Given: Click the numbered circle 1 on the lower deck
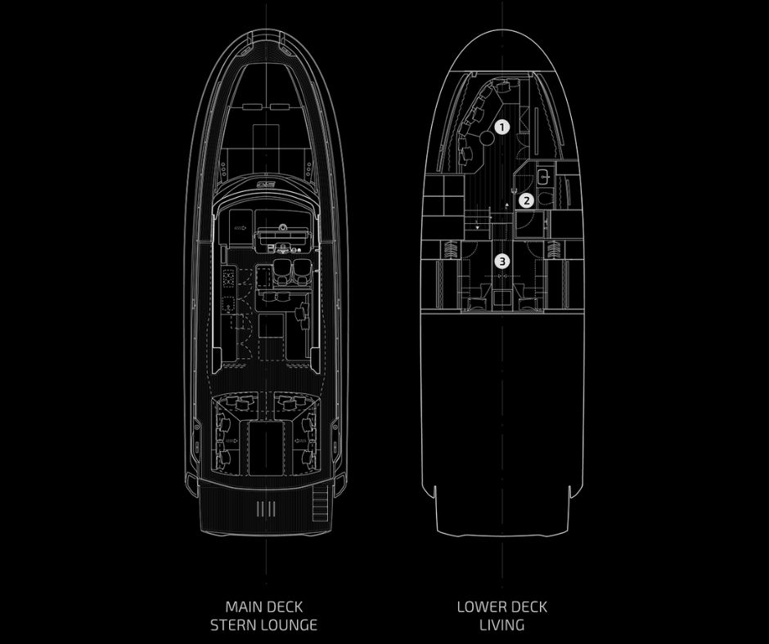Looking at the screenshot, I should point(502,127).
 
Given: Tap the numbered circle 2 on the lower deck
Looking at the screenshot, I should point(528,199).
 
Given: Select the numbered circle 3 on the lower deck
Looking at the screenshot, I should point(502,262).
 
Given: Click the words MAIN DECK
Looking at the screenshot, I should point(263,607).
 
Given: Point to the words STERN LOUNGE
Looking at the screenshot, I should point(263,626).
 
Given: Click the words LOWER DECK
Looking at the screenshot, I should point(502,607).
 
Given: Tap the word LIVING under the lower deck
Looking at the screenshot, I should point(502,626).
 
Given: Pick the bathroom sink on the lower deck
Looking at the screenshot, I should point(542,174).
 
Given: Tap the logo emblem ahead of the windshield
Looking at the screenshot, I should point(264,186).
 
